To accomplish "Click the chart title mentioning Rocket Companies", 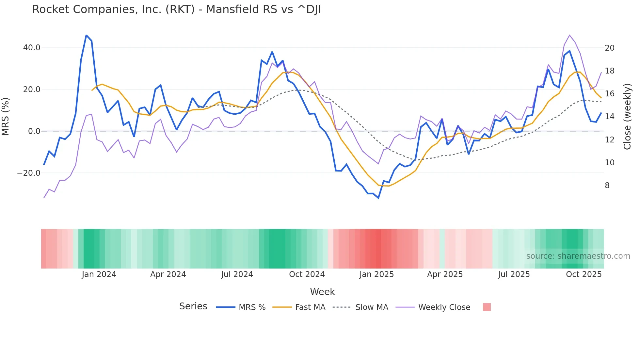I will point(176,9).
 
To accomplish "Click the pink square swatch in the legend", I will point(487,307).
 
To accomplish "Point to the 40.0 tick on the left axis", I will point(32,48).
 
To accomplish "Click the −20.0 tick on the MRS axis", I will point(29,173).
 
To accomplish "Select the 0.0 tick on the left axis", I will point(34,131).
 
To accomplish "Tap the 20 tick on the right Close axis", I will point(610,48).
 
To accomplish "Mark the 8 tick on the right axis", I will point(607,186).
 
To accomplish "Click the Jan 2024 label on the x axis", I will point(99,274).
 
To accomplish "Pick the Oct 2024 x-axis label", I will point(307,274).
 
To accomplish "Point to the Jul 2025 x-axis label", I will point(514,274).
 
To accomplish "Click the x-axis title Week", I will point(322,292).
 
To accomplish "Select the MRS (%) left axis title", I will point(6,117).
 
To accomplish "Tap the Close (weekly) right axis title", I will point(627,117).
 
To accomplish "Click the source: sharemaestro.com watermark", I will point(578,256).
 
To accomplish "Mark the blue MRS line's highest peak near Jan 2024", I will point(86,35).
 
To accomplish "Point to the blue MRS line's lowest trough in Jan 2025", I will point(378,198).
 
